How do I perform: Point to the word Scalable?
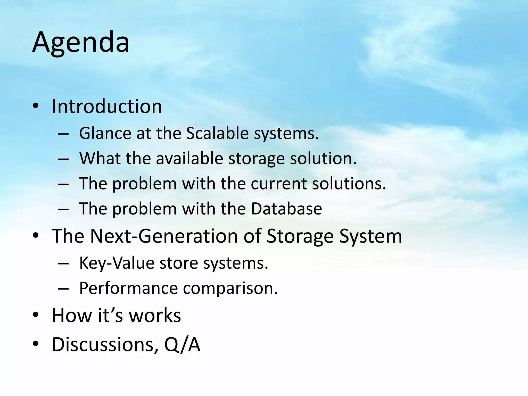(217, 133)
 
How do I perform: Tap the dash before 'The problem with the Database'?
(63, 209)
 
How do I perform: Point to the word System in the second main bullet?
(370, 236)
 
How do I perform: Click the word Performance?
(128, 288)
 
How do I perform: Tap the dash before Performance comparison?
(63, 288)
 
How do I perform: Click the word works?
(155, 315)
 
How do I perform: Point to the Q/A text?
(182, 344)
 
